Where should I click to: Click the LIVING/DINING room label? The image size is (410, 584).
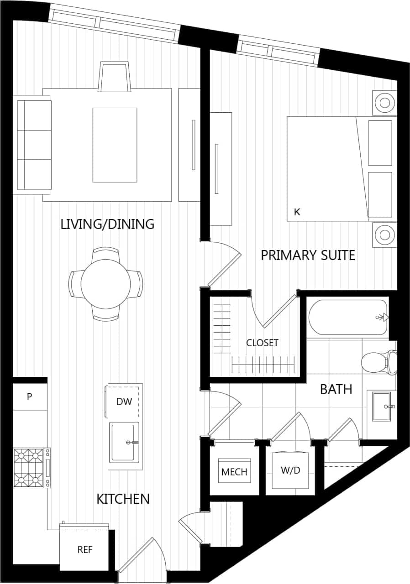click(x=107, y=224)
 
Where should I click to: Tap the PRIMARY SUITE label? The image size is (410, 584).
click(x=308, y=255)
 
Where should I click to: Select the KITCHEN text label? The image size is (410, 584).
click(x=123, y=499)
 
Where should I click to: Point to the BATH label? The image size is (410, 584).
click(x=336, y=389)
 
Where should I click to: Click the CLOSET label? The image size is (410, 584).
click(x=262, y=343)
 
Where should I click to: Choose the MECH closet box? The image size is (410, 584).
click(x=234, y=471)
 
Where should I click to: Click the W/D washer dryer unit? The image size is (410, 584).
click(x=290, y=470)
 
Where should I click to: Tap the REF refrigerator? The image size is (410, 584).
click(x=84, y=549)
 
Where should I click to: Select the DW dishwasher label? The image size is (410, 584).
click(x=124, y=401)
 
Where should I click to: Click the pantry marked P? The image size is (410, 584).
click(x=30, y=396)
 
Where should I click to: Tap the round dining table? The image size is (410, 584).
click(x=105, y=284)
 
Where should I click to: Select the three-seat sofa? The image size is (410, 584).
click(x=34, y=144)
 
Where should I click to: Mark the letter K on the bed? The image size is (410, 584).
click(x=297, y=212)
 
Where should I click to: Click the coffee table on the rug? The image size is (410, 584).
click(x=115, y=145)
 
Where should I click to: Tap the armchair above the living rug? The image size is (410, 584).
click(x=114, y=76)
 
